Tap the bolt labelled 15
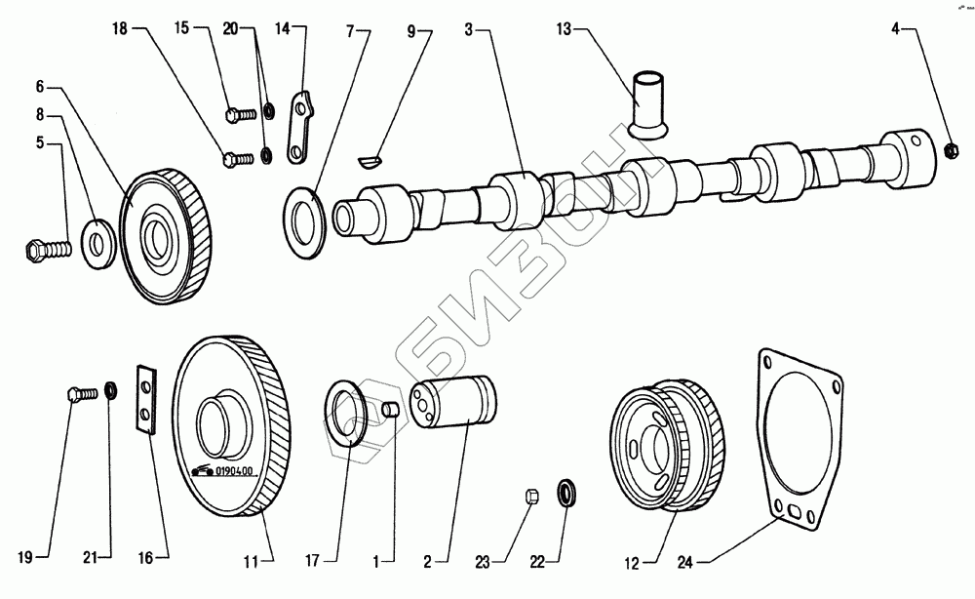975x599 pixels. coord(238,114)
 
